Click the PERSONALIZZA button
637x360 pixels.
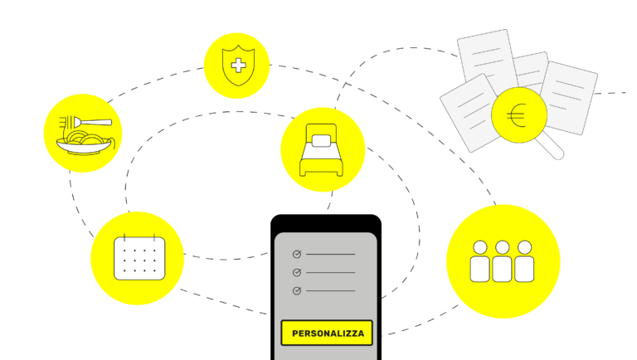(x=327, y=333)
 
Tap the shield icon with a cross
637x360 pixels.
(x=237, y=66)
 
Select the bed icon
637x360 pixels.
(x=322, y=150)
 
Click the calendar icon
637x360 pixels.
(x=139, y=257)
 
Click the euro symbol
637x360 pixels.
(x=517, y=115)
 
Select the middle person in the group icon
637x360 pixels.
(x=502, y=262)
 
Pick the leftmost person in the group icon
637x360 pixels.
(x=479, y=262)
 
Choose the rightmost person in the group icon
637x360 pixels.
(x=524, y=262)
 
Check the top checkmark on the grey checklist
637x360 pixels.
(x=297, y=254)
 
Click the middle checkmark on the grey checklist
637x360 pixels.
(x=297, y=272)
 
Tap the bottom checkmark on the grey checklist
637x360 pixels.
(x=297, y=290)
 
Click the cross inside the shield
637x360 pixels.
(x=238, y=65)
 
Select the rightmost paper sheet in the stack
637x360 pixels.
(x=571, y=95)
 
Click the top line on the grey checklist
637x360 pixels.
(x=330, y=254)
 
